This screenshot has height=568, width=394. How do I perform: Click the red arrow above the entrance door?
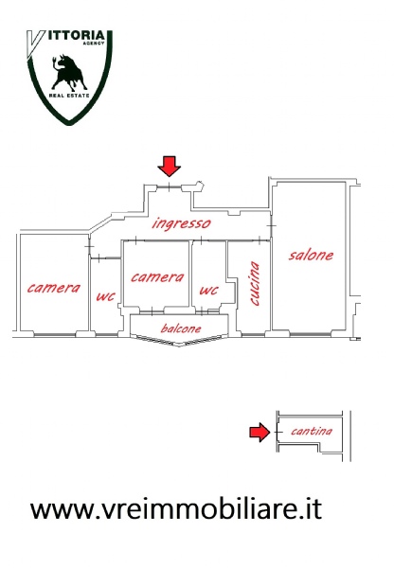tap(169, 167)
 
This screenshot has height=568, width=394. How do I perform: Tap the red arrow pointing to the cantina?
tap(260, 433)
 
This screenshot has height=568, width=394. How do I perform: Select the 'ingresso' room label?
tap(181, 223)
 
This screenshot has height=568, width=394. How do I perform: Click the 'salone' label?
tap(311, 255)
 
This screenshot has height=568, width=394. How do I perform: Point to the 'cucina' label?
tap(255, 284)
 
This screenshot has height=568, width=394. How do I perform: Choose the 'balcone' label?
tap(181, 328)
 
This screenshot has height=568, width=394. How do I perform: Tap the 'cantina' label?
tap(312, 431)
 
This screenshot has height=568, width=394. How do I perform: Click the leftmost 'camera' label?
tap(54, 288)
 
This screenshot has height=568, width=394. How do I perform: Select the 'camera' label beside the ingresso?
tap(157, 277)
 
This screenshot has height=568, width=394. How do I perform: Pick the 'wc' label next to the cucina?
tap(208, 290)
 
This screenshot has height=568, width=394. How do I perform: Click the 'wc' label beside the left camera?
tap(105, 296)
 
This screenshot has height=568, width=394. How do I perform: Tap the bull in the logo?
tap(68, 72)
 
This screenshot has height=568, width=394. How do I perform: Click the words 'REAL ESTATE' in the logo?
tap(69, 96)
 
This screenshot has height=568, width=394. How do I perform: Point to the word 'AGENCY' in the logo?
tap(94, 44)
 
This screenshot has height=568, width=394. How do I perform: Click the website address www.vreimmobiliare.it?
tap(176, 508)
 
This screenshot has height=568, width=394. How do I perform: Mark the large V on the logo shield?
tap(35, 44)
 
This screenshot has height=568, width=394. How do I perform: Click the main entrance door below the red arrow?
tap(169, 186)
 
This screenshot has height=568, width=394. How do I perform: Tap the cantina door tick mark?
tap(278, 433)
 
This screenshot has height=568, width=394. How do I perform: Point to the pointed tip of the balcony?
tap(179, 346)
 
